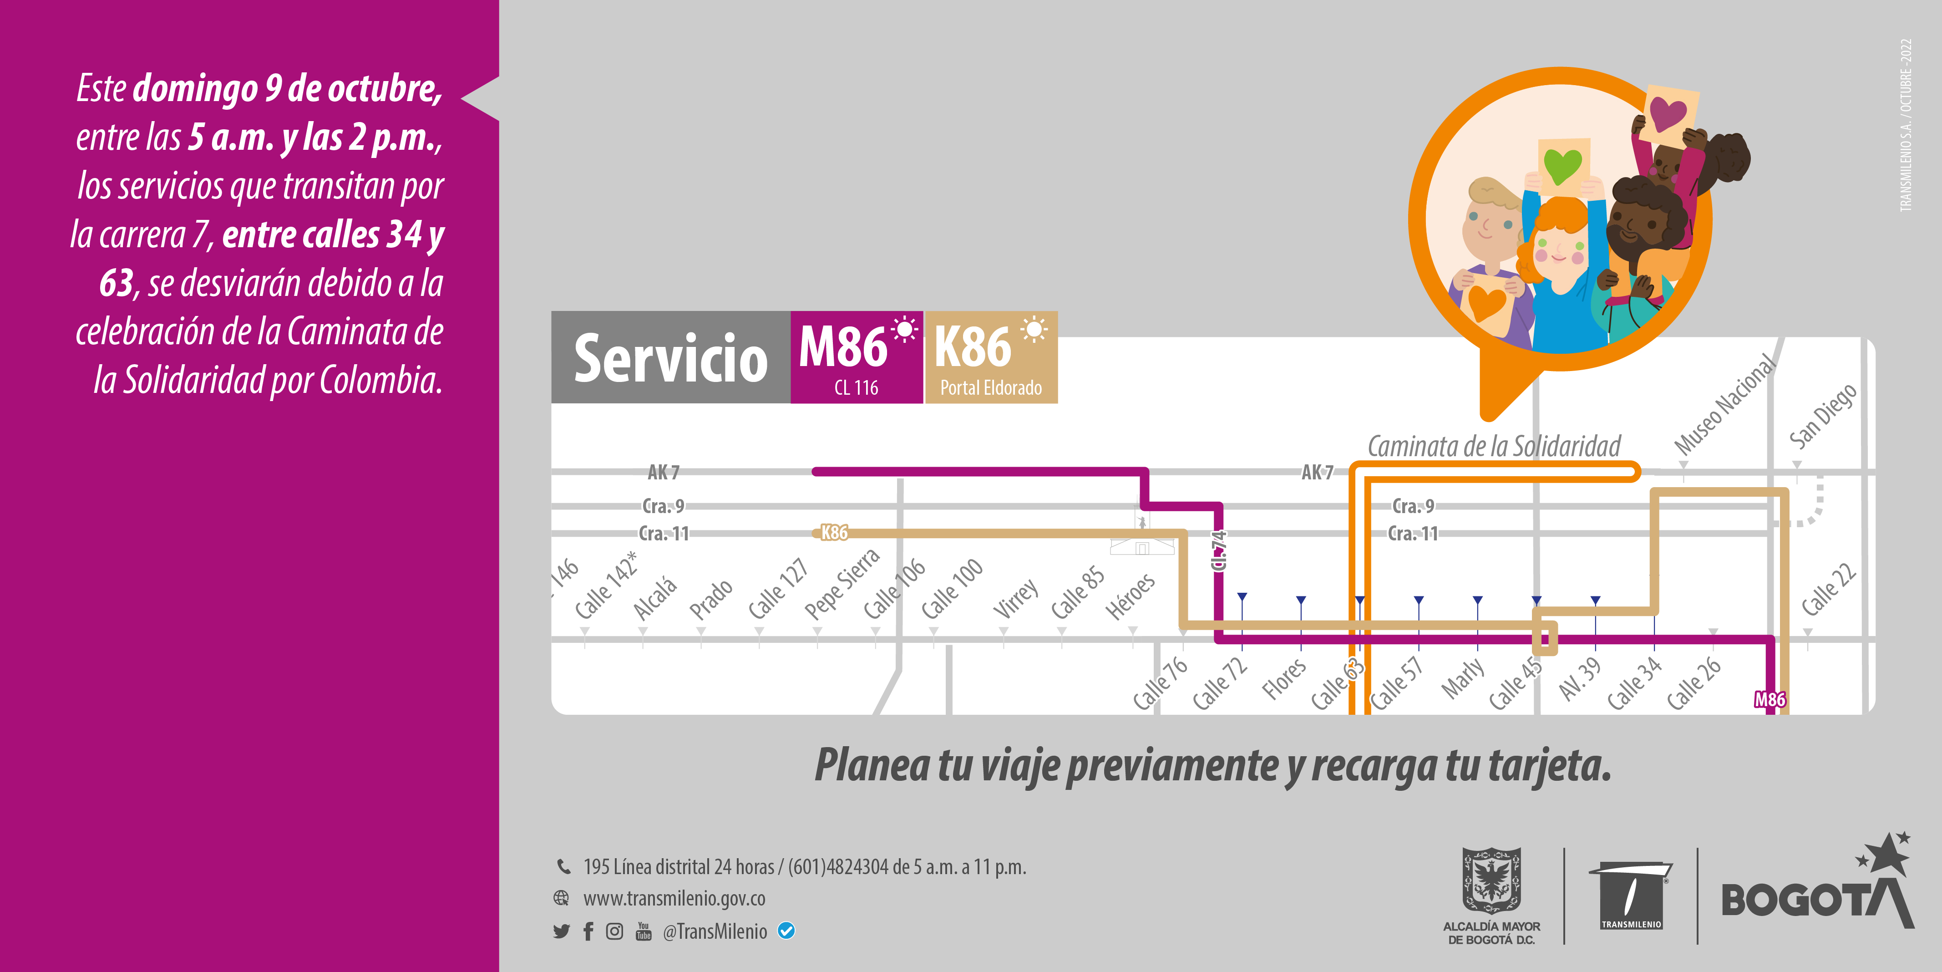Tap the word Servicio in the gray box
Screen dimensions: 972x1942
click(x=670, y=359)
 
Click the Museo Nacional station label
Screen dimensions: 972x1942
click(x=1724, y=406)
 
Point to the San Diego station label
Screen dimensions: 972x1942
click(x=1822, y=416)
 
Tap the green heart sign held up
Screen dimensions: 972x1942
click(x=1563, y=165)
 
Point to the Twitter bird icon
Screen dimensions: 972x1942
click(x=561, y=932)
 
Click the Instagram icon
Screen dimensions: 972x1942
click(x=614, y=932)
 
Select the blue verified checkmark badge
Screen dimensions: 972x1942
click(x=786, y=931)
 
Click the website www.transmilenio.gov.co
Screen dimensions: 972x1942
click(x=674, y=899)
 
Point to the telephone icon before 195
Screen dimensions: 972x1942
click(x=563, y=866)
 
